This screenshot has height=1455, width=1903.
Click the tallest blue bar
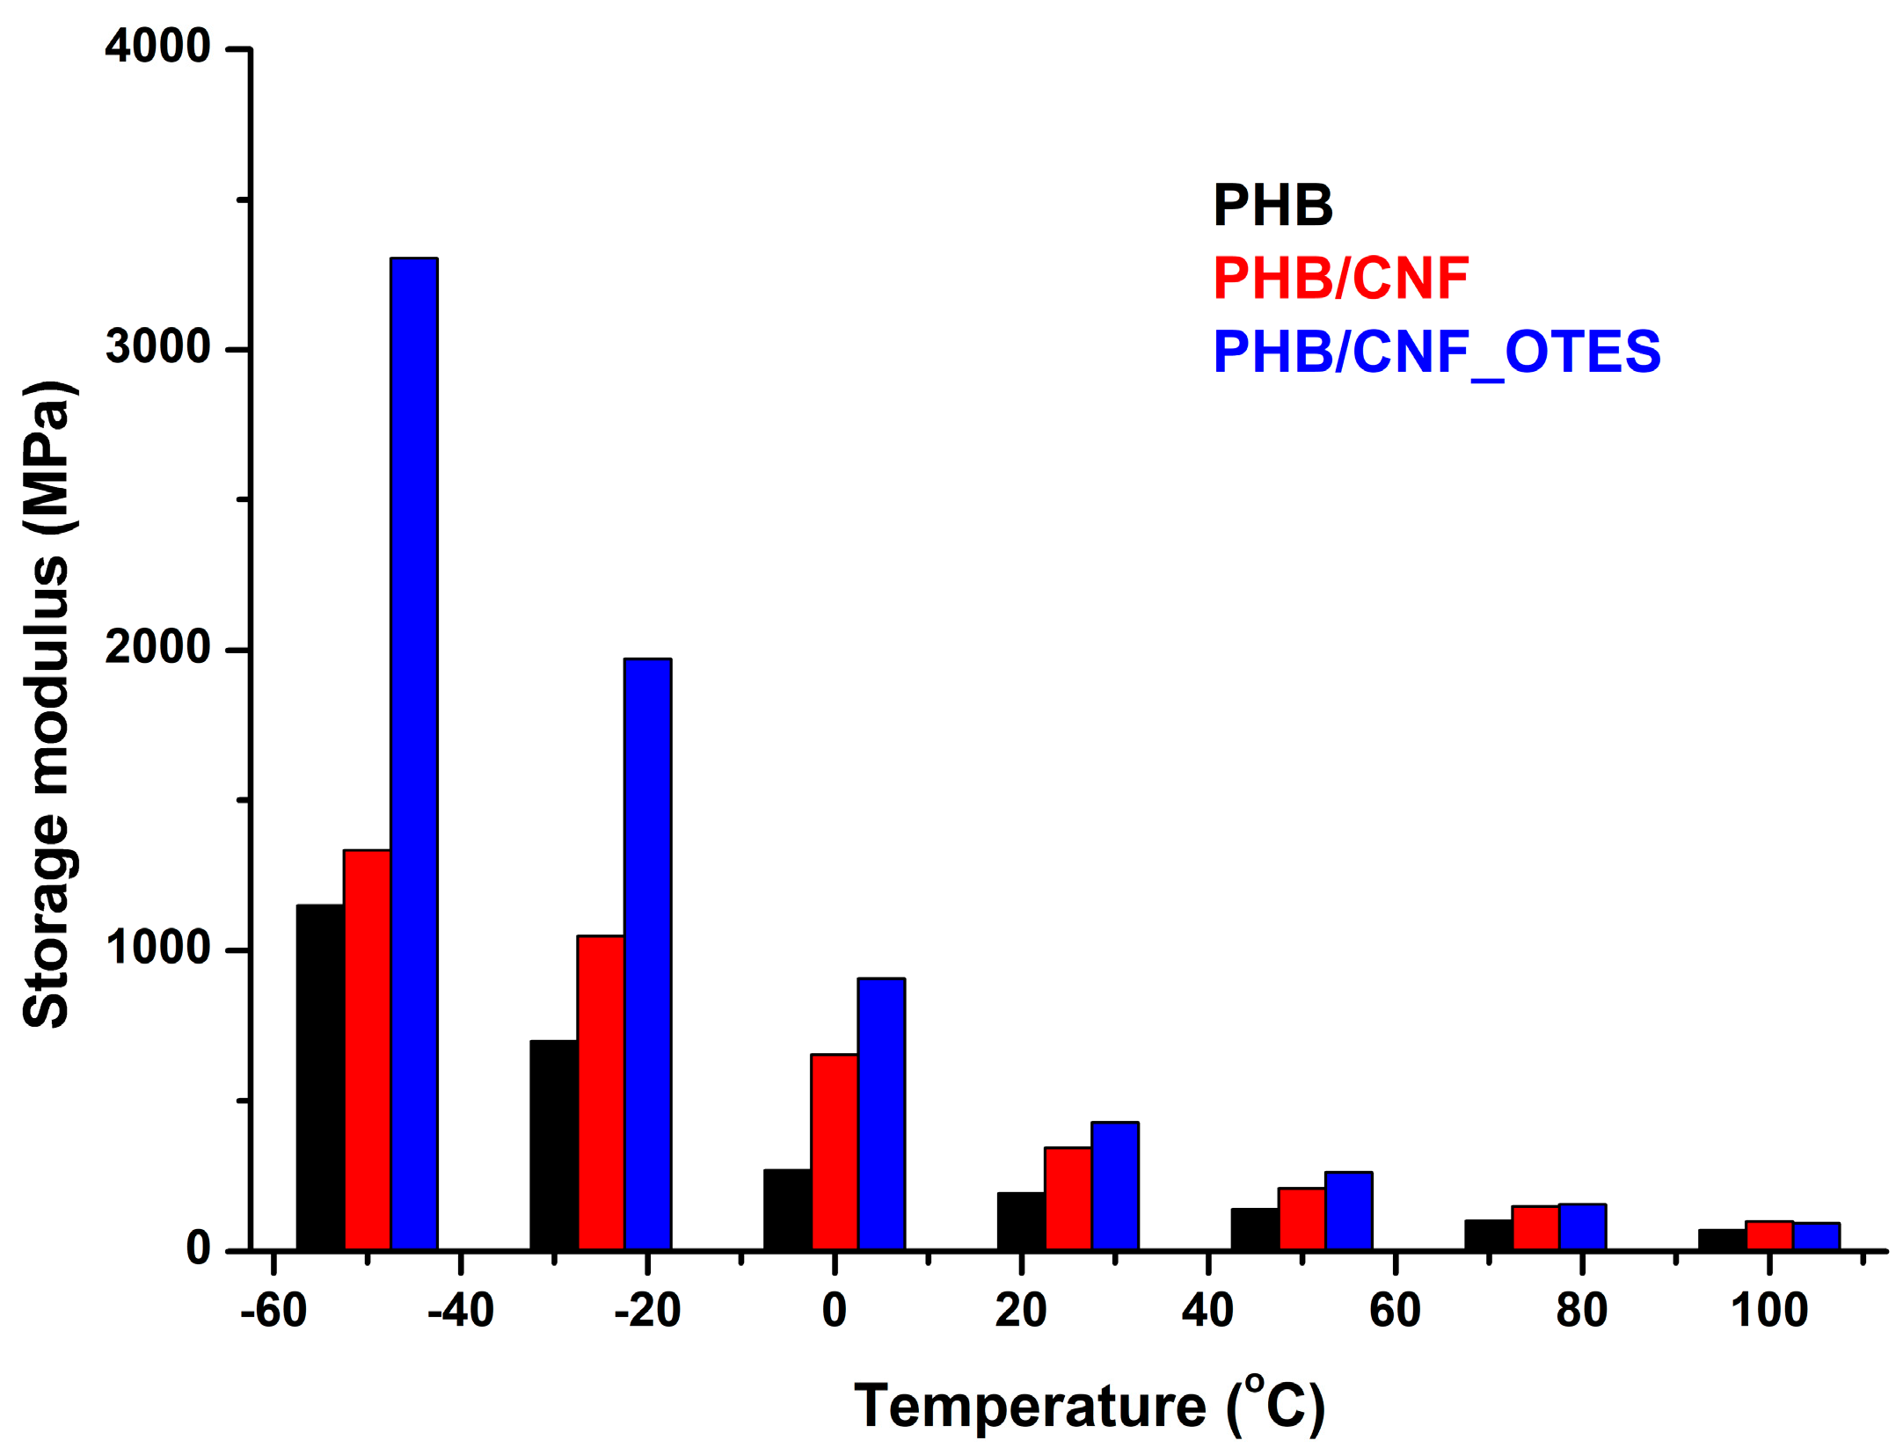[413, 753]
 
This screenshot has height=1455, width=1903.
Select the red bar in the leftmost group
[367, 1049]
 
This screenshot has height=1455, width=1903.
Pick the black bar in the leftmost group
[320, 1076]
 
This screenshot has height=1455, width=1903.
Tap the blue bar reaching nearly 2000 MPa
[647, 954]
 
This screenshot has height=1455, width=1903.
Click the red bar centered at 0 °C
[834, 1151]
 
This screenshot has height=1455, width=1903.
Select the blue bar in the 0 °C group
[881, 1113]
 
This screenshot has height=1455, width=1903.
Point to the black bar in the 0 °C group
[787, 1209]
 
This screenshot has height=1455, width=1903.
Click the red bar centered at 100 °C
[1768, 1234]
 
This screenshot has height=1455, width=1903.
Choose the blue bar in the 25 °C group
[1114, 1185]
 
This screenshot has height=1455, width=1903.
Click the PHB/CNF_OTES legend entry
[1436, 352]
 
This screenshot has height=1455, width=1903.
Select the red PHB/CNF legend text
[1340, 279]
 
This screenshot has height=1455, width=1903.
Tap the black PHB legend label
[1272, 206]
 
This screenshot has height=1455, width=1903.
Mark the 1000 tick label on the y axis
[157, 948]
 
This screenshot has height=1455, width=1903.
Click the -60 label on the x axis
[273, 1310]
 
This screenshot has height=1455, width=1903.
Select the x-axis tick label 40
[1207, 1310]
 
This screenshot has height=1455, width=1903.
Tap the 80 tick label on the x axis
[1581, 1310]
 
